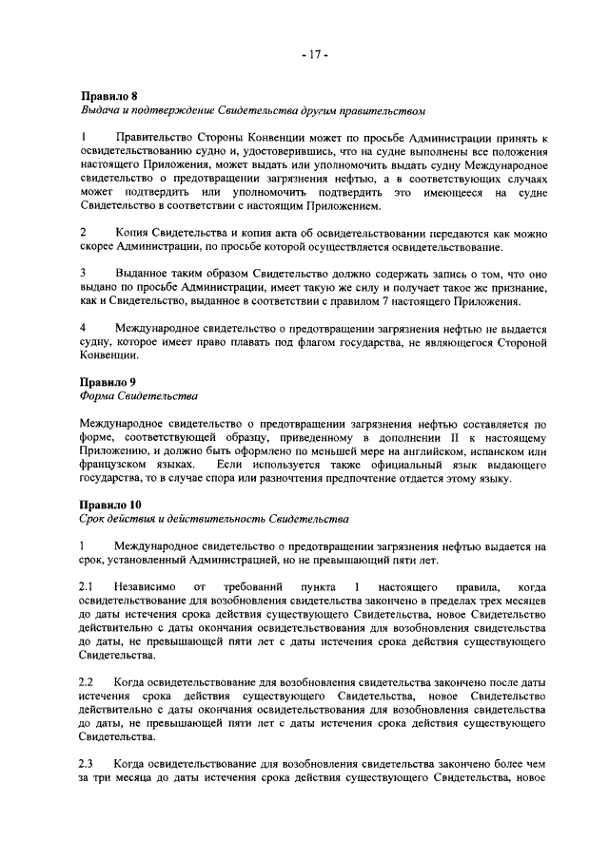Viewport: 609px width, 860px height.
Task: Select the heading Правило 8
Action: [x=108, y=95]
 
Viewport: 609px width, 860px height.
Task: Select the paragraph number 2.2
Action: [x=86, y=684]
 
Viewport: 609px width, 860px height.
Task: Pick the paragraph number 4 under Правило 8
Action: [x=82, y=328]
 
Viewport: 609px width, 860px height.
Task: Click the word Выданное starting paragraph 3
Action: [x=142, y=274]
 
